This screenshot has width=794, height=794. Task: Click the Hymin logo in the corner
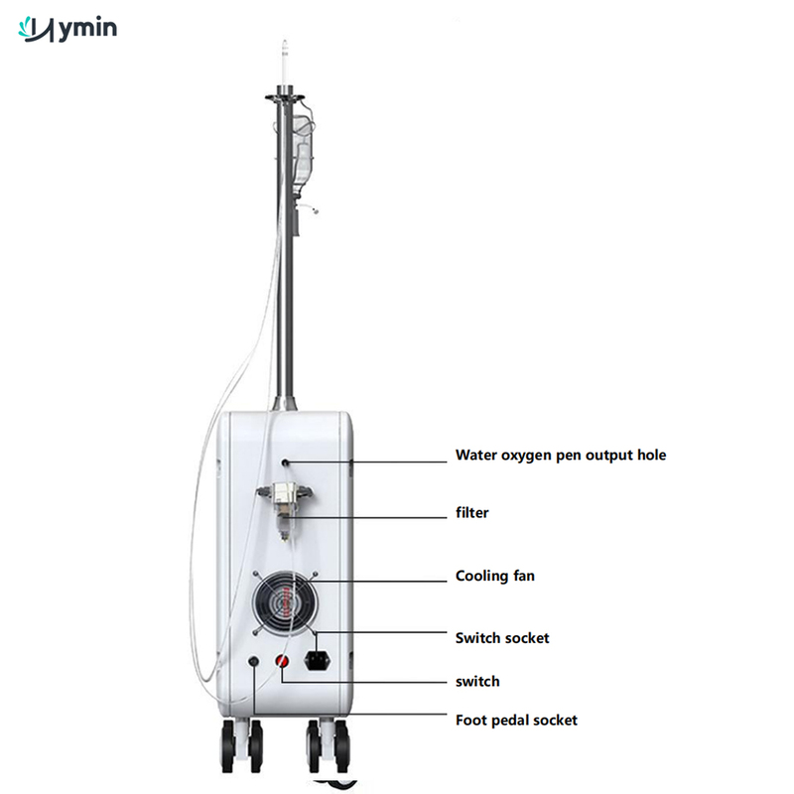67,30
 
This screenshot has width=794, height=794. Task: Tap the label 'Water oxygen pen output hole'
561,455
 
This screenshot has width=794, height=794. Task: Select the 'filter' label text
472,512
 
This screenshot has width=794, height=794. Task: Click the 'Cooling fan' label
494,576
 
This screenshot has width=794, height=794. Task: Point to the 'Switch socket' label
502,637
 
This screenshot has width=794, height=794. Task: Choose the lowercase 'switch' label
477,681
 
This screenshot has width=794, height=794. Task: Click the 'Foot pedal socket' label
516,721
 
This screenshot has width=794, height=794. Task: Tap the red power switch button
282,661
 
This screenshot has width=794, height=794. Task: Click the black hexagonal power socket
318,661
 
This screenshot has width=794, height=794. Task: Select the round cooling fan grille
286,602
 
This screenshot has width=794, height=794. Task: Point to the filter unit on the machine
285,510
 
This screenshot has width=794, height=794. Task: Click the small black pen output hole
286,463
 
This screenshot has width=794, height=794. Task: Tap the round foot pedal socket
254,661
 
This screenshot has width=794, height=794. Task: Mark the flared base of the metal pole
284,404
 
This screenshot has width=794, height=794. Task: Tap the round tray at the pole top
285,97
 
